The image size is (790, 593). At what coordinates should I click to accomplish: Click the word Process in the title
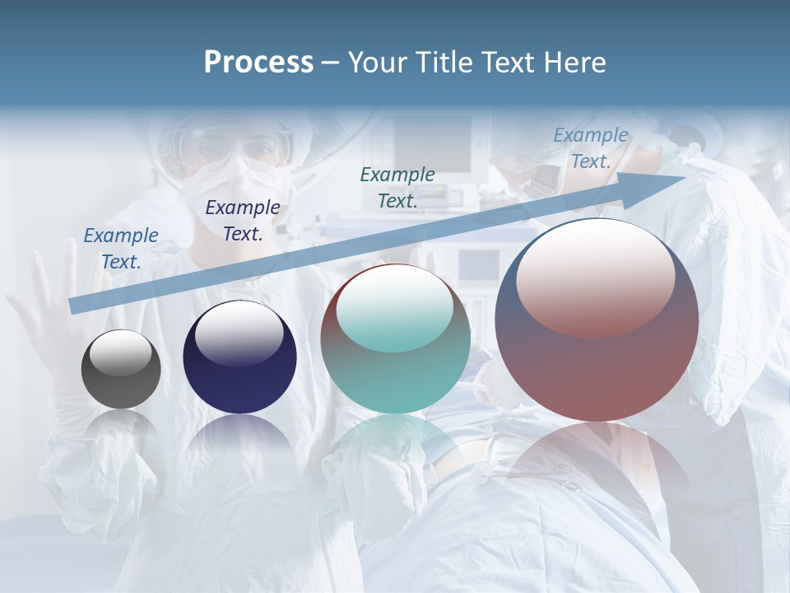tap(258, 63)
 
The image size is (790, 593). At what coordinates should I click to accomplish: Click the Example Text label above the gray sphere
tap(121, 248)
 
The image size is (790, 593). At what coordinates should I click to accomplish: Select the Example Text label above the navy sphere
tap(242, 220)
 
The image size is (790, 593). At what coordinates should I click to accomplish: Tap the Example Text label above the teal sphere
tap(397, 187)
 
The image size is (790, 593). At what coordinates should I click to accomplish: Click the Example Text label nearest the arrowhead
tap(591, 148)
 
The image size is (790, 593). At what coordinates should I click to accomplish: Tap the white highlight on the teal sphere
tap(395, 309)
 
